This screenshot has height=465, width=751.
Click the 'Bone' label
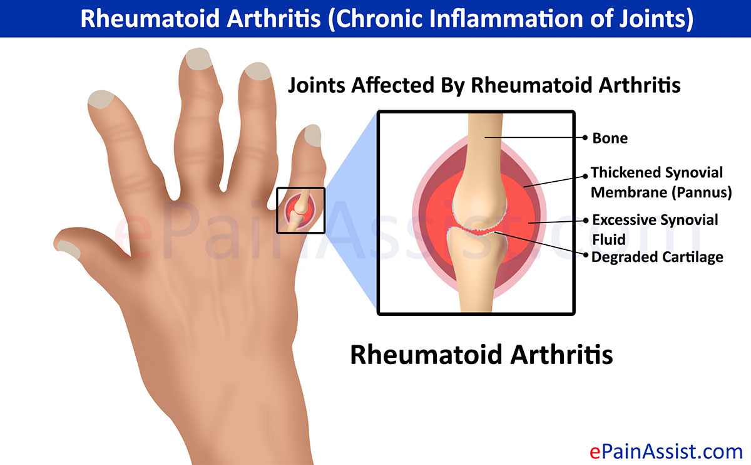point(610,138)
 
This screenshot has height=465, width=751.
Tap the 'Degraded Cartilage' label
point(657,257)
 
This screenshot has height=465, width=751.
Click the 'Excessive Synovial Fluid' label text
point(655,229)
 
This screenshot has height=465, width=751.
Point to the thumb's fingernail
point(69,249)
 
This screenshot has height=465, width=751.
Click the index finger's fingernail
point(101,100)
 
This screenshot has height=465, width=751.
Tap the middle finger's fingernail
point(199,59)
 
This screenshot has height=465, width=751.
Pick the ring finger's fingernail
point(258,71)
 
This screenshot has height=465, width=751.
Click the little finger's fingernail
point(313,135)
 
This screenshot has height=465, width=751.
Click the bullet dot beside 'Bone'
point(585,138)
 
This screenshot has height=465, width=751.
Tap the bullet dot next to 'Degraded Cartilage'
point(586,255)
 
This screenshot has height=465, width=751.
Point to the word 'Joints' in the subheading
point(317,85)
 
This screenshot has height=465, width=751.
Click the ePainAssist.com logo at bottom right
point(666,452)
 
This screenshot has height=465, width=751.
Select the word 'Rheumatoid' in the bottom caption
point(426,355)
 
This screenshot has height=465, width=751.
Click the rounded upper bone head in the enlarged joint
point(479,199)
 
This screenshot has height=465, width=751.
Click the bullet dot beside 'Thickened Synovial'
point(585,176)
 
